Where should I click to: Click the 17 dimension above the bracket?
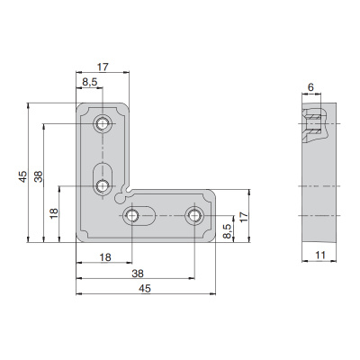point(103,67)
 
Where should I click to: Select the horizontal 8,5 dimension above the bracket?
point(90,82)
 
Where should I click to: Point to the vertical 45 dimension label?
point(22,176)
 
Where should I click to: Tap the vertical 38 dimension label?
point(39,176)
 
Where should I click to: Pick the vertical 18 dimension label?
point(54,213)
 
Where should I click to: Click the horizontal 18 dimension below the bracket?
point(105,257)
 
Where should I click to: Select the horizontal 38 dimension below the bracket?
point(138,274)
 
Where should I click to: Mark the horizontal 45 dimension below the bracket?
point(145,289)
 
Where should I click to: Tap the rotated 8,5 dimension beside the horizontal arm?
point(228,231)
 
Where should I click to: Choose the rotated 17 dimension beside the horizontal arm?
point(245,217)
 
